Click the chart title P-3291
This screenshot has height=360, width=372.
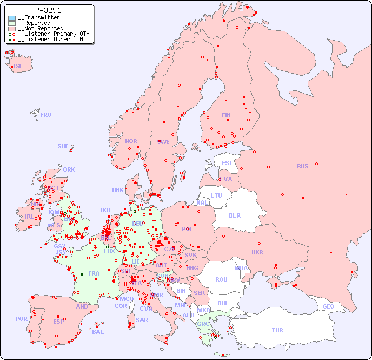point(48,10)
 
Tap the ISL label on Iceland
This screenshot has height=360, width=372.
point(18,67)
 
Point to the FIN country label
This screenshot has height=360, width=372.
point(226,115)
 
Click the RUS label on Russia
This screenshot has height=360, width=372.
point(302,166)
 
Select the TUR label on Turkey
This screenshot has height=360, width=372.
point(277,330)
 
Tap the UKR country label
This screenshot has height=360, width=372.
point(257,252)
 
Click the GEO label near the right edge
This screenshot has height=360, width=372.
point(328,306)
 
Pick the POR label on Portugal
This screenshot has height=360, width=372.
point(21,319)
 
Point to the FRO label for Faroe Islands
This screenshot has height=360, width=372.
point(46,115)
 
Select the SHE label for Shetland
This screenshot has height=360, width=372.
point(63,146)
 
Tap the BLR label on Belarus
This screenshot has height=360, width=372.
point(235,215)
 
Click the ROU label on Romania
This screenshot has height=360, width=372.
point(221,279)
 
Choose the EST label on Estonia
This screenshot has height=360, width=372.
point(227,163)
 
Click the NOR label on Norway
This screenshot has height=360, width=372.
point(131,141)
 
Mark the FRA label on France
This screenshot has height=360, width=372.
point(94,273)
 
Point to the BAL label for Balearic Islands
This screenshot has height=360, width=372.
point(98,332)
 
